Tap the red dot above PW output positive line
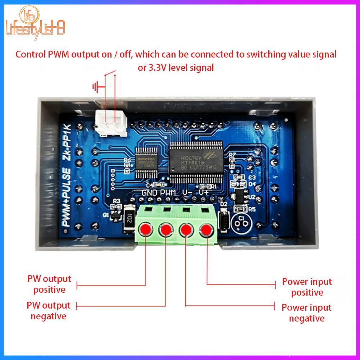145,229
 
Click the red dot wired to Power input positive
207,229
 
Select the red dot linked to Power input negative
186,229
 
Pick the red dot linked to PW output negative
166,229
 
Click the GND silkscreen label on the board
150,193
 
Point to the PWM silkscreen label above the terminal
168,193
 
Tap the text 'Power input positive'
307,287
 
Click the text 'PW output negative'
49,311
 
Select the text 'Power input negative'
307,313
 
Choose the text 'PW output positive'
49,284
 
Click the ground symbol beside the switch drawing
96,87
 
